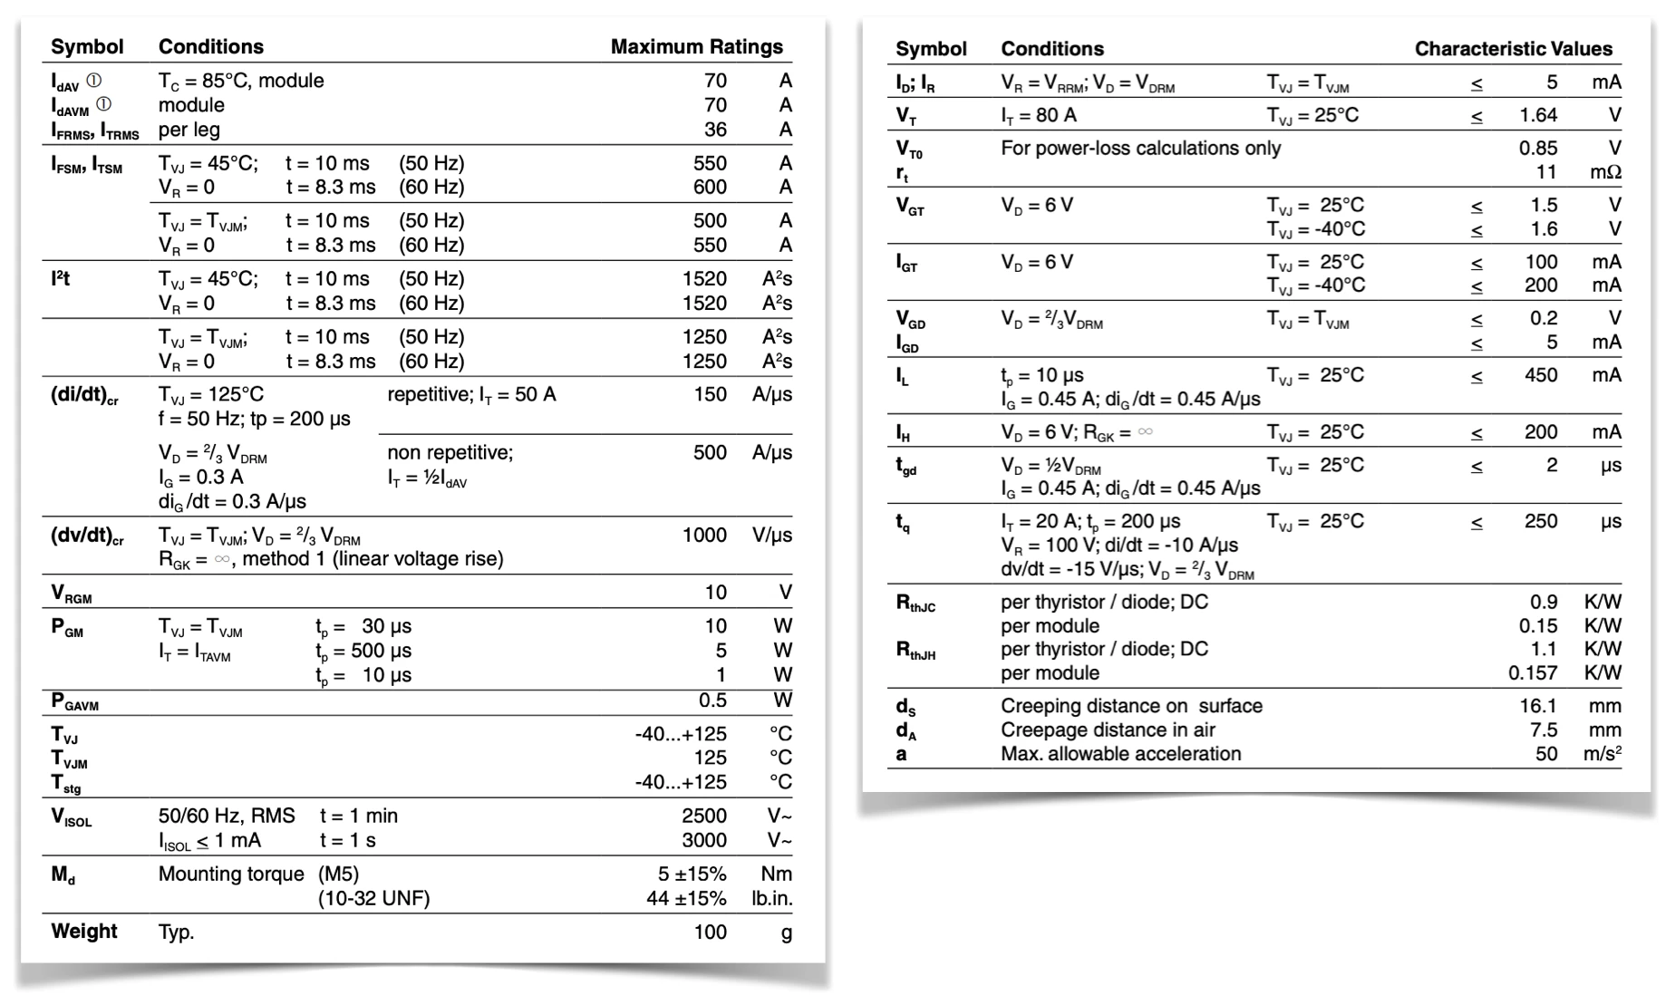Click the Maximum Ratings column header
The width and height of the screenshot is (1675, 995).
point(696,47)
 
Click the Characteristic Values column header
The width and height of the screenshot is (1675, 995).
point(1513,49)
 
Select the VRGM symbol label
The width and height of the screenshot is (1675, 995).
point(72,594)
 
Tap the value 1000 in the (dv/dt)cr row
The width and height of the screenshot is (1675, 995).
point(704,535)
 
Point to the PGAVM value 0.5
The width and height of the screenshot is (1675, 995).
point(712,700)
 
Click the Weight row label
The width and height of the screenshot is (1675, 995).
point(84,932)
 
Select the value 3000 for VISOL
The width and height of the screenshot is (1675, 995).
point(704,840)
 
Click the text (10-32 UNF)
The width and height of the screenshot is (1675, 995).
point(373,898)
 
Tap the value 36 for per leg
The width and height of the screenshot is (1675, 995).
point(715,130)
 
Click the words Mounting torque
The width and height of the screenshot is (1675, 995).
point(231,874)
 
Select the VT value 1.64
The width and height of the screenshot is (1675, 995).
point(1537,115)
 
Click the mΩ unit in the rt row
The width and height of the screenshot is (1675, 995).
point(1605,172)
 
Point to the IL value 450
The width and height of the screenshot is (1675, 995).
point(1541,375)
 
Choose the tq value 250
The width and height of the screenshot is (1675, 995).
point(1541,521)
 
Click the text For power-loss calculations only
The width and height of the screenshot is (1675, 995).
point(1140,148)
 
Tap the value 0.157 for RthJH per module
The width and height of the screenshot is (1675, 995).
point(1533,672)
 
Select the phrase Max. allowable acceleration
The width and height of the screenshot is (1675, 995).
point(1120,754)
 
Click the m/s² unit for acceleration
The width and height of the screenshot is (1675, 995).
point(1602,754)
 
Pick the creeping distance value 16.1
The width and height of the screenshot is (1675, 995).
point(1538,706)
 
